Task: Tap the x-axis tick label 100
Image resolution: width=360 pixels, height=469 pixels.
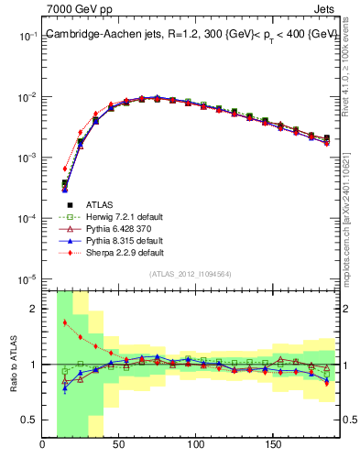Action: click(x=195, y=446)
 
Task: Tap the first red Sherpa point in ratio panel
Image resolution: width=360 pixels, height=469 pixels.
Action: click(x=65, y=322)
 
